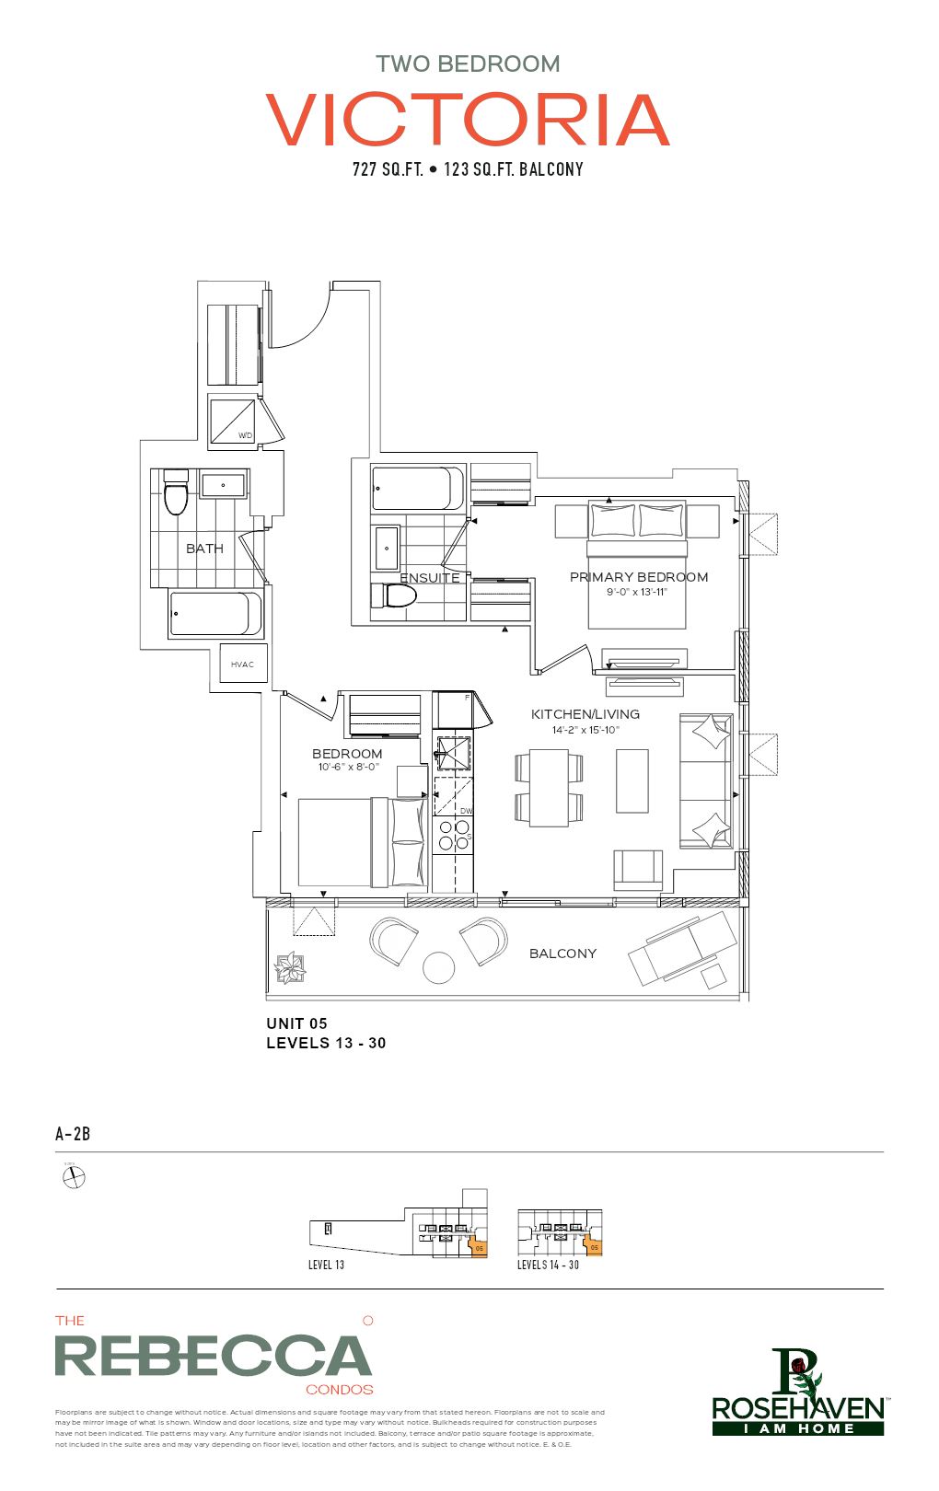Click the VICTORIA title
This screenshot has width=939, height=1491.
click(x=468, y=120)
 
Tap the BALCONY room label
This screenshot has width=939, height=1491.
click(x=562, y=954)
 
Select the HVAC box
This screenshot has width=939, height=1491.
click(x=243, y=664)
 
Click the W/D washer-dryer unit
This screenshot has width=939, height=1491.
click(x=233, y=420)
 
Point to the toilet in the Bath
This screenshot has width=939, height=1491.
click(x=175, y=495)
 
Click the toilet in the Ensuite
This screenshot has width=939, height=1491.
click(x=393, y=595)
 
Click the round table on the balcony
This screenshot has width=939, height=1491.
click(x=438, y=967)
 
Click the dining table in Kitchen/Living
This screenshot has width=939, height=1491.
click(x=549, y=787)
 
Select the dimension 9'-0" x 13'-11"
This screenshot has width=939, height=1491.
click(x=636, y=592)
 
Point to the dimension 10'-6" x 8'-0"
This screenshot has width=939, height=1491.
click(x=347, y=767)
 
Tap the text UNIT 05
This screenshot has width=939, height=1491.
click(x=296, y=1023)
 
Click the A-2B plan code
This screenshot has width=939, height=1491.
click(x=73, y=1134)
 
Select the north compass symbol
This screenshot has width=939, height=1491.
click(x=74, y=1177)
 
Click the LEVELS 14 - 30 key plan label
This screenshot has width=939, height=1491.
click(x=548, y=1266)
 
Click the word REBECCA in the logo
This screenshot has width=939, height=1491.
click(x=213, y=1357)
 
